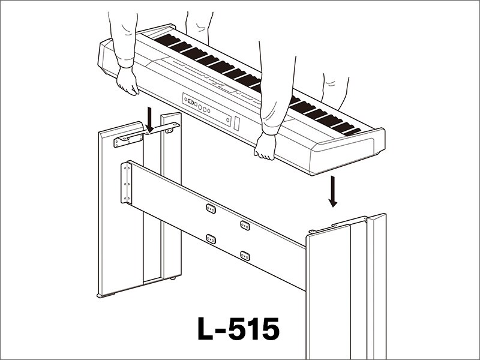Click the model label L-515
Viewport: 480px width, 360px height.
pyautogui.click(x=238, y=329)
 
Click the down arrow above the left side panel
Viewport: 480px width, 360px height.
pyautogui.click(x=149, y=119)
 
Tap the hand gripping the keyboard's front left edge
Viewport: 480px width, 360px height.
pyautogui.click(x=128, y=80)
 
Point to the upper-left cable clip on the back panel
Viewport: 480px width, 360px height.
pyautogui.click(x=211, y=208)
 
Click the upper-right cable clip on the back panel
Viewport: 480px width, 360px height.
pyautogui.click(x=245, y=225)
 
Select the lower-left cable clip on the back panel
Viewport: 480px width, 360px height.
pyautogui.click(x=211, y=238)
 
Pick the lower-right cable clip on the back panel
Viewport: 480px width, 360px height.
pyautogui.click(x=245, y=256)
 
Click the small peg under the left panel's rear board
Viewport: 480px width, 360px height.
pyautogui.click(x=174, y=278)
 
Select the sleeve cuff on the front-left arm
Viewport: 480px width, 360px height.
pyautogui.click(x=125, y=61)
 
